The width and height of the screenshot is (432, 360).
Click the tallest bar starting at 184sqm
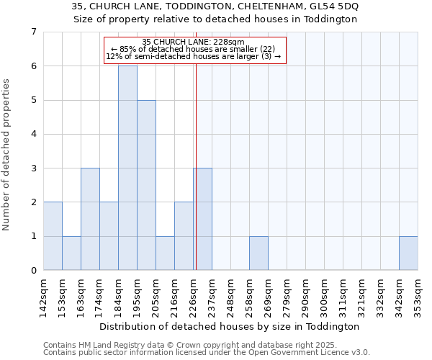pyautogui.click(x=127, y=168)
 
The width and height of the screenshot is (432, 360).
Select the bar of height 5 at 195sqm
pyautogui.click(x=146, y=185)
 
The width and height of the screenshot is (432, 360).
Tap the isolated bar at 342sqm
pyautogui.click(x=408, y=253)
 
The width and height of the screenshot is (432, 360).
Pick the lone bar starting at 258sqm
pyautogui.click(x=258, y=253)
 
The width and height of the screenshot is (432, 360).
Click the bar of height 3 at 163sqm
pyautogui.click(x=90, y=219)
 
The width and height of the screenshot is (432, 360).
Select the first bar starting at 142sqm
pyautogui.click(x=53, y=236)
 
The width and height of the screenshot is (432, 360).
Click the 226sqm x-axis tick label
pyautogui.click(x=194, y=295)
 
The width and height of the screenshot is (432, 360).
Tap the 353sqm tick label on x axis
pyautogui.click(x=418, y=295)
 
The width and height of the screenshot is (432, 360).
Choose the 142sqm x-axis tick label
pyautogui.click(x=44, y=295)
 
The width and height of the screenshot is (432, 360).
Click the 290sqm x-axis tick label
pyautogui.click(x=306, y=295)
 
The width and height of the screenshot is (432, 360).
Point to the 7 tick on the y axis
pyautogui.click(x=33, y=32)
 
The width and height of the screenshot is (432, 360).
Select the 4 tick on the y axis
pyautogui.click(x=33, y=134)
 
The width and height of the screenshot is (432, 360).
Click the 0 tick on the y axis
pyautogui.click(x=33, y=271)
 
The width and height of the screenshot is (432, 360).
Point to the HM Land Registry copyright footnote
pyautogui.click(x=206, y=346)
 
